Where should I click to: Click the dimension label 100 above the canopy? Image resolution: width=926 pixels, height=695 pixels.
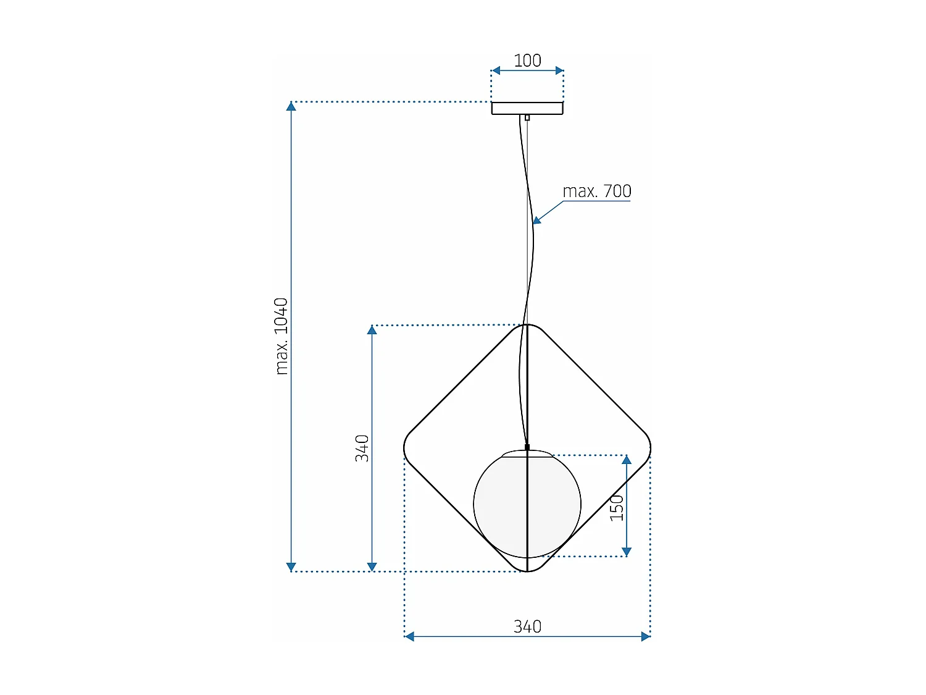527,61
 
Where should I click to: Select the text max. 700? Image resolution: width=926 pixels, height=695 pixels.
596,192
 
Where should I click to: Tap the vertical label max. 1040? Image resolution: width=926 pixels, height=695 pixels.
282,336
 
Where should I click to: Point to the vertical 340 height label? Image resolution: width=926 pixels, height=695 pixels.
362,448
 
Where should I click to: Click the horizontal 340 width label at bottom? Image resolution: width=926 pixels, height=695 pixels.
527,626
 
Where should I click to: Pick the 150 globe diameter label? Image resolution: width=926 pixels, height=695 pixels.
617,507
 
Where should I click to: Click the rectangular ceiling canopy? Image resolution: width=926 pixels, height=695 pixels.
527,108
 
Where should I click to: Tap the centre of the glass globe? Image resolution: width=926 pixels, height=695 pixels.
527,504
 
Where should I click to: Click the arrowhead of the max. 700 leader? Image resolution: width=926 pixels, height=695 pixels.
536,220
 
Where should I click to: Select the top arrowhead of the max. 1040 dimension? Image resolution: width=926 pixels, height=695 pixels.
291,106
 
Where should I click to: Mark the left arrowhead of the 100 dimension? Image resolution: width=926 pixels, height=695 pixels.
495,70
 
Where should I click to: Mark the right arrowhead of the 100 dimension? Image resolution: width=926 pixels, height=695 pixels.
559,70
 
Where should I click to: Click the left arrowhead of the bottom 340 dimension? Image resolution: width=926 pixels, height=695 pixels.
409,636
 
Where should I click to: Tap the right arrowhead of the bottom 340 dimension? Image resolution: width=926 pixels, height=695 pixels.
646,636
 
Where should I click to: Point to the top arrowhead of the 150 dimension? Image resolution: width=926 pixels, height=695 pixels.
627,460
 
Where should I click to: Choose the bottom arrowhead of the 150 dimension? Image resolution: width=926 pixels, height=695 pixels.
627,552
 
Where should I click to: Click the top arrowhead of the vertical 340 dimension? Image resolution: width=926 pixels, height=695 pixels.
372,330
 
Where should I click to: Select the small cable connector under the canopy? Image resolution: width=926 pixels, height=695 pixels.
527,117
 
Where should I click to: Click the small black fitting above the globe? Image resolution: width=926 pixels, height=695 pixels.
527,447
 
